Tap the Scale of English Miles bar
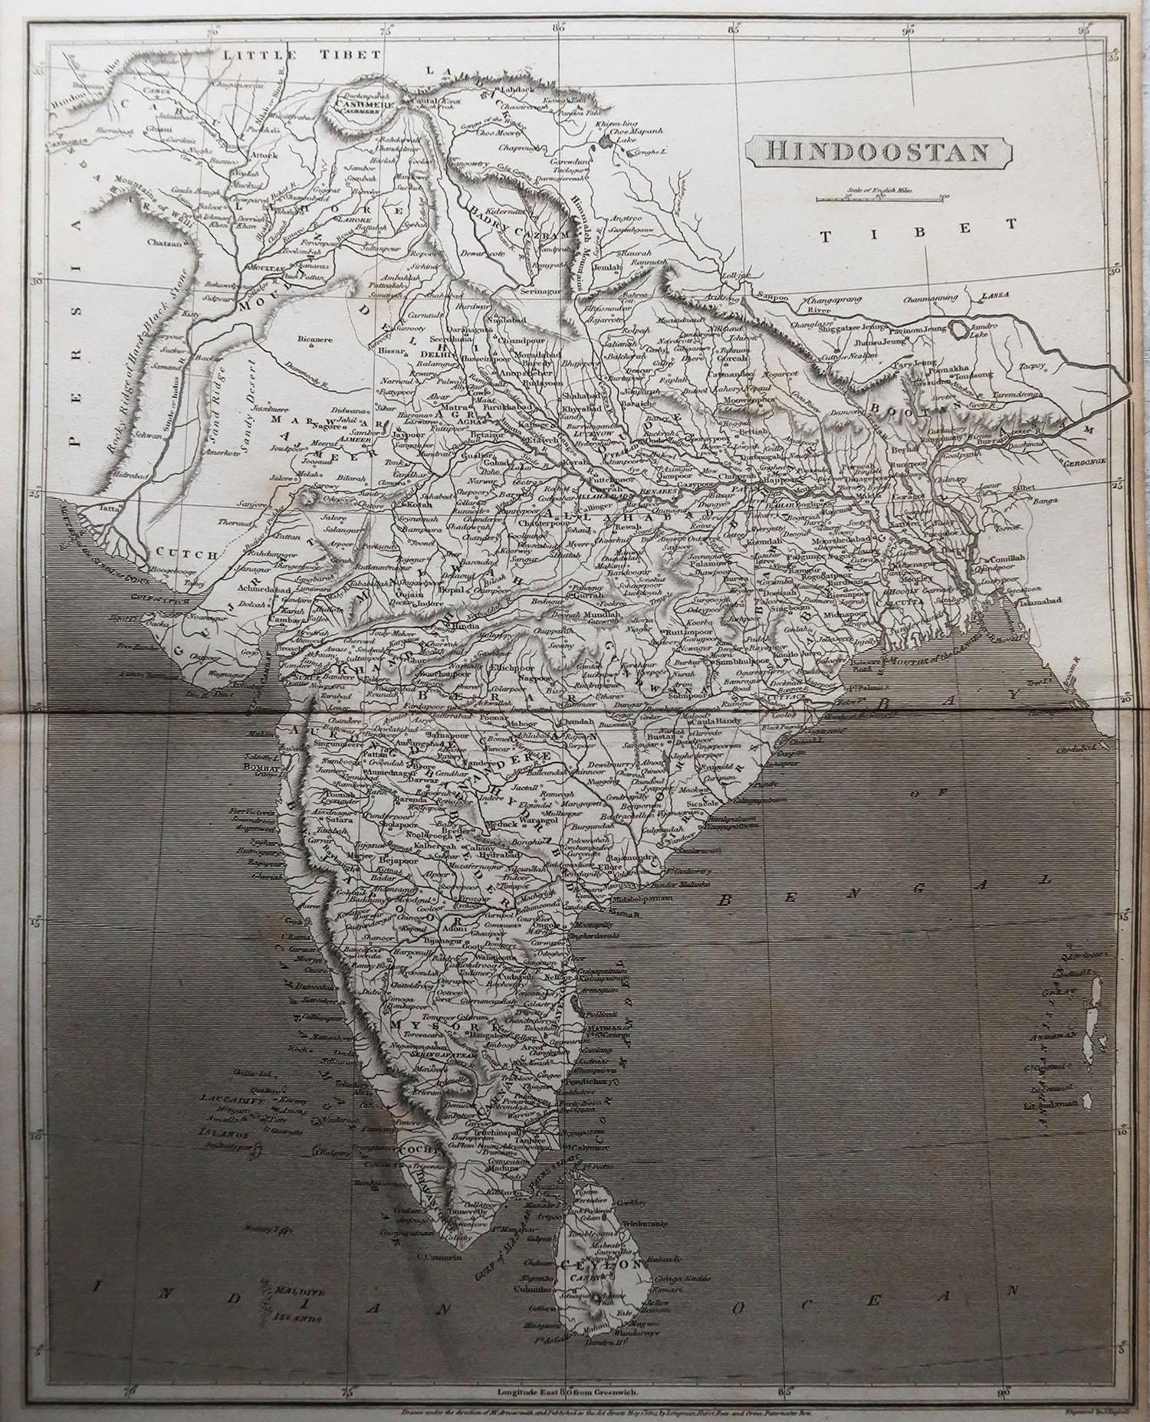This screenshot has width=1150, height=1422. (879, 200)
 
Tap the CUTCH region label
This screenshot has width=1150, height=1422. (176, 552)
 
